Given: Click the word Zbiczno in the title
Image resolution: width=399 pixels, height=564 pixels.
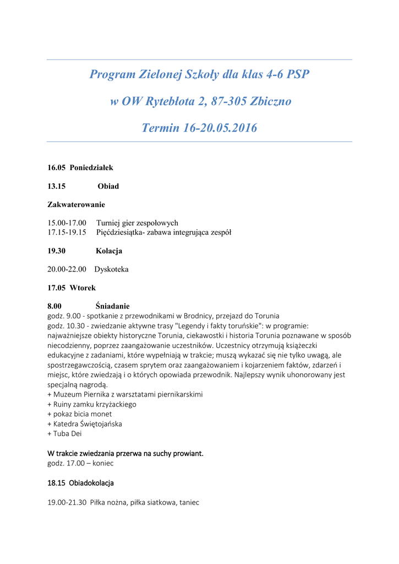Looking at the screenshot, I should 270,101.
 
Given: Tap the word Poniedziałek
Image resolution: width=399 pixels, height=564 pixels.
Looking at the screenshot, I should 91,167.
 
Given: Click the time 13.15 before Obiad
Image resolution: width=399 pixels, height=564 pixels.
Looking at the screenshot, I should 57,186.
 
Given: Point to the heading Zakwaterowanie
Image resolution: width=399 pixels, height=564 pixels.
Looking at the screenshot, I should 76,205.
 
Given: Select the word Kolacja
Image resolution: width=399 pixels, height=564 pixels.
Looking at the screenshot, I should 109,251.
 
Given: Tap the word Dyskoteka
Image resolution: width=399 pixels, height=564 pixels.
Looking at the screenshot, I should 111,269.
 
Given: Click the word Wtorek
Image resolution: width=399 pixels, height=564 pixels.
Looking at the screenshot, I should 83,288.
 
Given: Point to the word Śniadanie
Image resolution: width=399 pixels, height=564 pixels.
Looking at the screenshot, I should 112,306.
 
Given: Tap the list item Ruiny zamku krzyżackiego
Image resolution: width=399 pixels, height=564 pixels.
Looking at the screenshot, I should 95,404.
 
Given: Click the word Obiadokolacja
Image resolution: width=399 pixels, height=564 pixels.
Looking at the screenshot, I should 91,483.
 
